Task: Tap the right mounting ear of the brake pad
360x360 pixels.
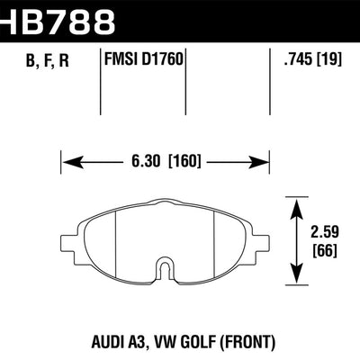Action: point(262,241)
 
